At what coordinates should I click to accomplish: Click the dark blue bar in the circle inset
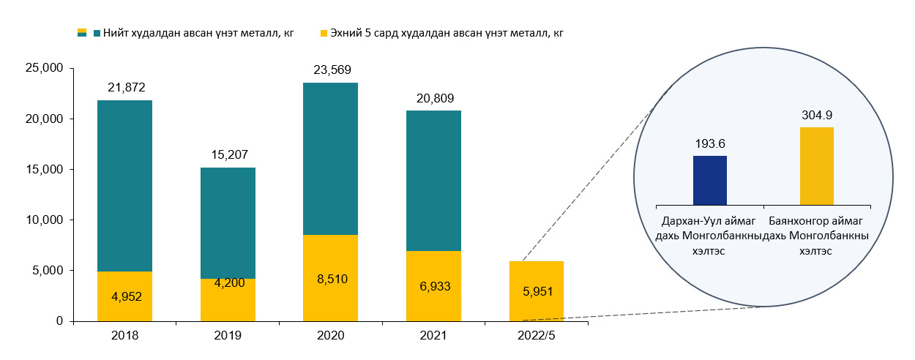click(x=709, y=180)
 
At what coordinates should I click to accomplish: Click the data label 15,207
click(x=228, y=154)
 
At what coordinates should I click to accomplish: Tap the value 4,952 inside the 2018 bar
click(x=124, y=296)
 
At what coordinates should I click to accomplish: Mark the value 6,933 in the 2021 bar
click(x=433, y=285)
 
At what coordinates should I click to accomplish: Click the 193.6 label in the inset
click(x=709, y=143)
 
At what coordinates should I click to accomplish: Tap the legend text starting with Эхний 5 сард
click(x=447, y=32)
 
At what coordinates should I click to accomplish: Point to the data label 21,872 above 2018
click(x=124, y=87)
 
